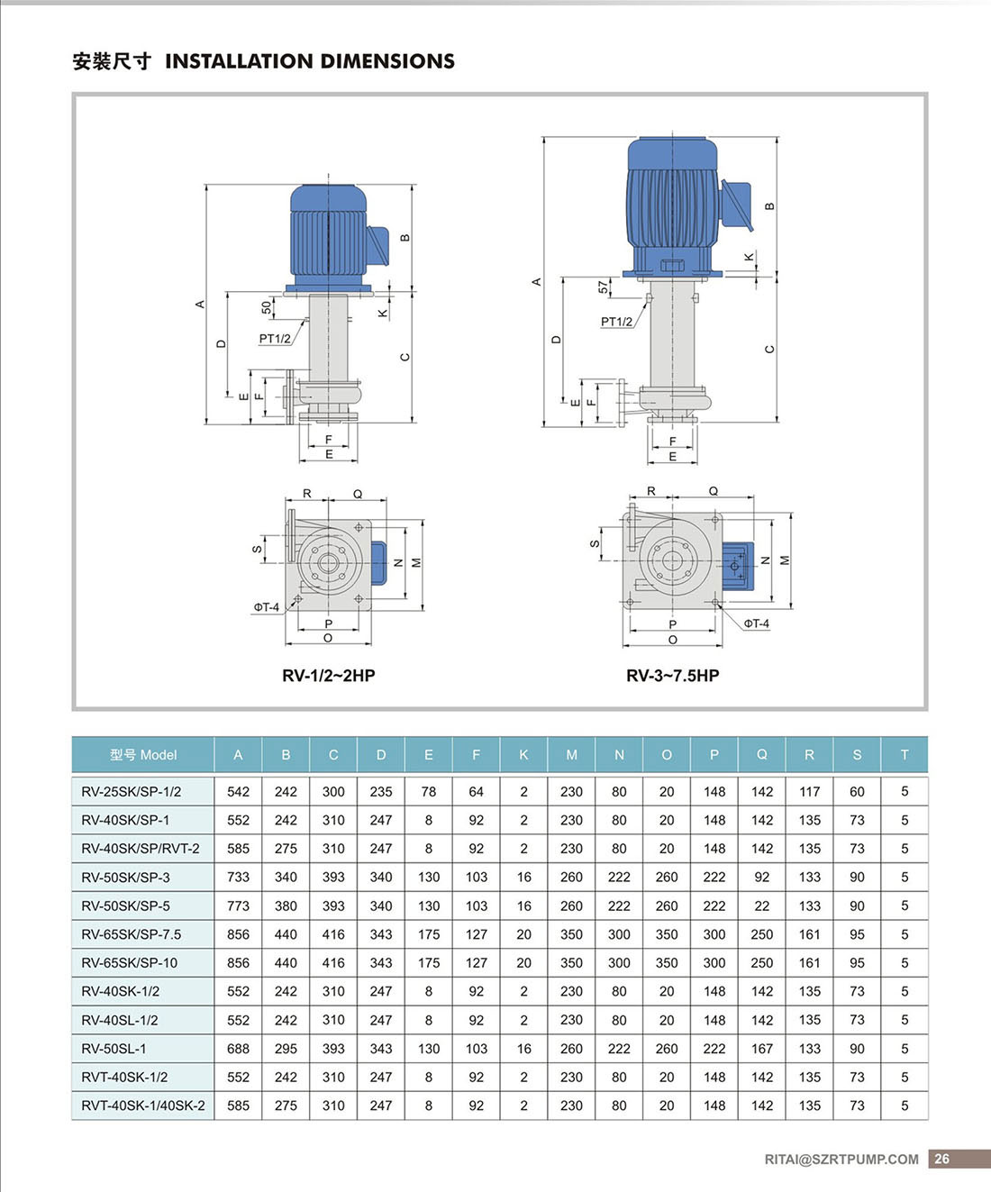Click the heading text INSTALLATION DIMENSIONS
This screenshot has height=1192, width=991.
(309, 61)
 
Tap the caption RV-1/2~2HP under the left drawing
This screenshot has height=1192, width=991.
(328, 676)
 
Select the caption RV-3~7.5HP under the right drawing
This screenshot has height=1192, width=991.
(672, 676)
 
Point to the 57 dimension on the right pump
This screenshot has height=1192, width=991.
(603, 287)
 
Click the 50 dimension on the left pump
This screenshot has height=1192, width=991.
(267, 307)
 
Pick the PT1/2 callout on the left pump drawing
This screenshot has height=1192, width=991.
(275, 339)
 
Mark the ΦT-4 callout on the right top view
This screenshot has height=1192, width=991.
(756, 623)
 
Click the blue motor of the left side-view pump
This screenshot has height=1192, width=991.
(328, 232)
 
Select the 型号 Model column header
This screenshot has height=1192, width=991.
(143, 755)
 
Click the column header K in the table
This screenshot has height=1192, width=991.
(523, 755)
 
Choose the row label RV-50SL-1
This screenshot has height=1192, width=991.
(114, 1049)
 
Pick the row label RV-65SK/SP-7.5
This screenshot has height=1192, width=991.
(131, 934)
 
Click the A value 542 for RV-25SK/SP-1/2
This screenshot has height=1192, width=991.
(238, 792)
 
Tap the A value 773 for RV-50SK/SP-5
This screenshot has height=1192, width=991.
(238, 905)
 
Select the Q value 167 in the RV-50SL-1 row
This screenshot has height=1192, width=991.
(761, 1049)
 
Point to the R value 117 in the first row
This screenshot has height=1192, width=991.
(809, 792)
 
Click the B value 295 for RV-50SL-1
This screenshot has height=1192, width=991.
(286, 1049)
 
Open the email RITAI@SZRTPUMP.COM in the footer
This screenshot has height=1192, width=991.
(841, 1160)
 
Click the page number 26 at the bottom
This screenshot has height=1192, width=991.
(942, 1160)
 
